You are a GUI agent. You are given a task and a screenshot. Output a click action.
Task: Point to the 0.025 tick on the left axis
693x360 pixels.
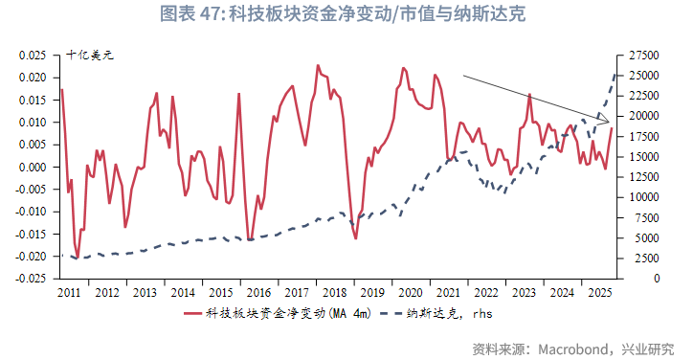pyautogui.click(x=33, y=56)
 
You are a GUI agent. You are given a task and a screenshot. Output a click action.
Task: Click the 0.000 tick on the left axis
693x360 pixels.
pyautogui.click(x=33, y=167)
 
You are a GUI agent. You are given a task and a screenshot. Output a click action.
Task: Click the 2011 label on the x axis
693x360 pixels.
pyautogui.click(x=70, y=292)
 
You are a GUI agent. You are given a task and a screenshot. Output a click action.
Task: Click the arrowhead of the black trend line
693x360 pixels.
pyautogui.click(x=608, y=121)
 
